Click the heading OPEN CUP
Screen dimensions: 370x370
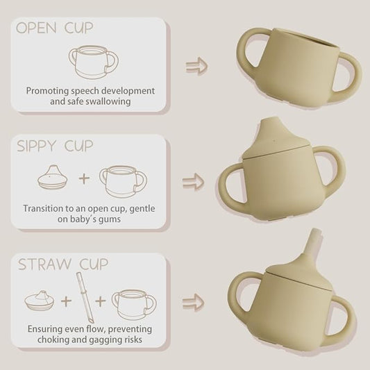coord(55,28)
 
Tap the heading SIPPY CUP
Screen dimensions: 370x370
coord(55,146)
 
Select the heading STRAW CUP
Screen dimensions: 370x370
coord(63,264)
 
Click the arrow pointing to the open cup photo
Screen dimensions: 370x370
coord(196,67)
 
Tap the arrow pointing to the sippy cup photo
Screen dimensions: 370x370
coord(193,181)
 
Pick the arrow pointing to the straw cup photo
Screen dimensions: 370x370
coord(193,302)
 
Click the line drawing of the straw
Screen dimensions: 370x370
coord(85,298)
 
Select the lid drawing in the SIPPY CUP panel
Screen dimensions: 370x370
coord(52,177)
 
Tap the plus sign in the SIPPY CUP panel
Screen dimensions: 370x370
coord(84,178)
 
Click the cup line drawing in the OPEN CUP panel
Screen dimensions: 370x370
coord(94,62)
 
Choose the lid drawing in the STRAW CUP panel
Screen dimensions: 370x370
coord(39,301)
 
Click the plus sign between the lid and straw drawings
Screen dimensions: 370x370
coord(66,301)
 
